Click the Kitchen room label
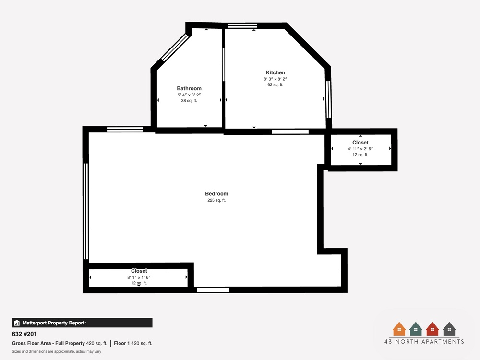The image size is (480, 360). [275, 72]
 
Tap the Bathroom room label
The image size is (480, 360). [189, 88]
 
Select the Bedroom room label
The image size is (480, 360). [216, 194]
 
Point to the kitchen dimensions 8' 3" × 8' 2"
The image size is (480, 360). [275, 79]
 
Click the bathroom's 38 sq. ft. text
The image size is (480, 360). [189, 101]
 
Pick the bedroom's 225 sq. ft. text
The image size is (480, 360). [216, 200]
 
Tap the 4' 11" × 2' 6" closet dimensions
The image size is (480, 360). [360, 149]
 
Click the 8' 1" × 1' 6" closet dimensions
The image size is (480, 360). [139, 277]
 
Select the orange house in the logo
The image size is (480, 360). [399, 329]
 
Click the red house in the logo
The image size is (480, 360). [432, 329]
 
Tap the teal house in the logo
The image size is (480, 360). [416, 329]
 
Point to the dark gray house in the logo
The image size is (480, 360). [449, 329]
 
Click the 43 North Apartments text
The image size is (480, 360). [424, 342]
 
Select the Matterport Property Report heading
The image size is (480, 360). [55, 323]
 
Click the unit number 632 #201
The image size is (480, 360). [24, 334]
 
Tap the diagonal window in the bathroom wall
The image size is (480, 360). [175, 48]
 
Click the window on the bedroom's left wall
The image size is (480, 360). [86, 212]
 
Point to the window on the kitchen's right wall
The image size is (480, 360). [328, 99]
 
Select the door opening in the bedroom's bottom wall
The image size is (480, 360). [213, 289]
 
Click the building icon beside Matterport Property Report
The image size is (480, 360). [17, 323]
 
